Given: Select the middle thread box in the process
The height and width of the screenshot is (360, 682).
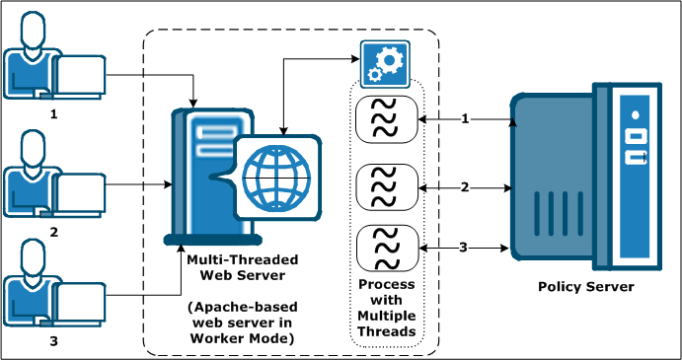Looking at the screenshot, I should (385, 185).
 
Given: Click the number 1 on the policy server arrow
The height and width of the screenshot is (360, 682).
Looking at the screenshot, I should (465, 119).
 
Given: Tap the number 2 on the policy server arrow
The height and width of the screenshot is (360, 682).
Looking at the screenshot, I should (465, 186).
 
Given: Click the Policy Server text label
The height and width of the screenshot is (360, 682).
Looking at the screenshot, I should (585, 287).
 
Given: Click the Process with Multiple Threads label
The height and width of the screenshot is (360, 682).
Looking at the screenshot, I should (386, 306).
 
